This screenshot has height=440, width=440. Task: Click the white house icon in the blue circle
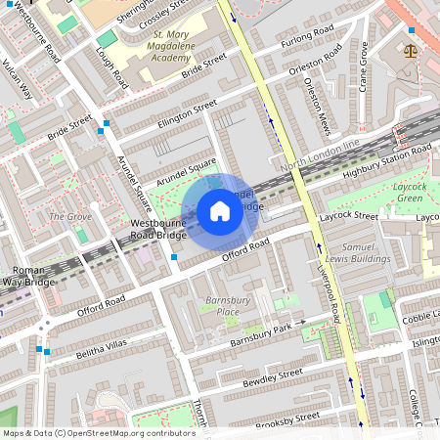click(x=220, y=211)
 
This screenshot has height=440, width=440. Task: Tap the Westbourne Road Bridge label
click(x=158, y=230)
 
